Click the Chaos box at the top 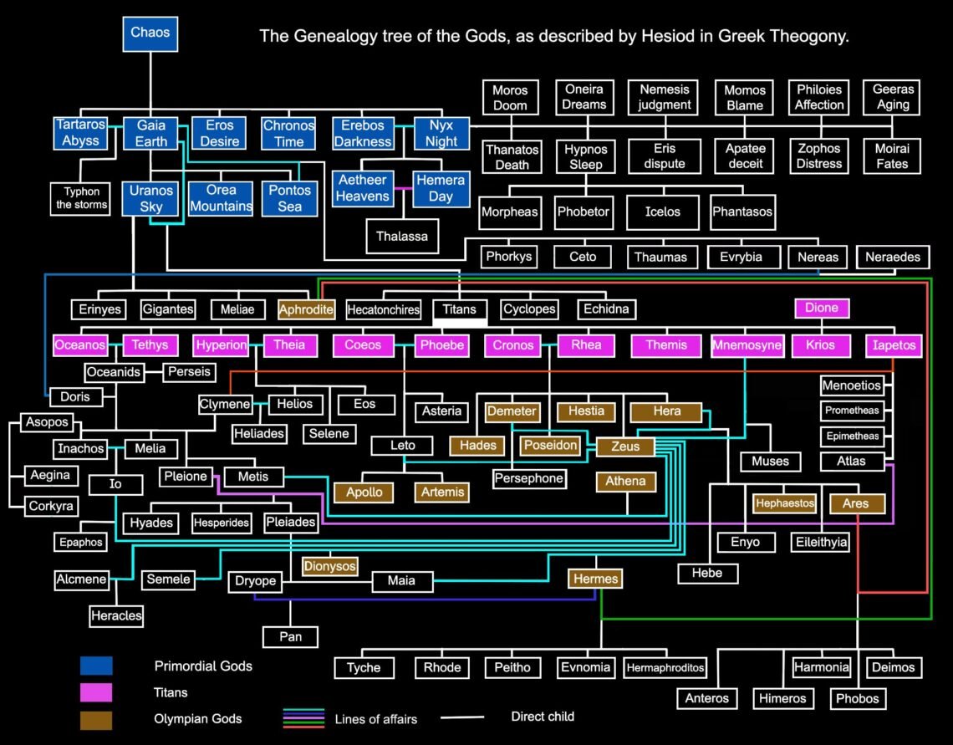point(150,33)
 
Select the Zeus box point(625,446)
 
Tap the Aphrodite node point(307,309)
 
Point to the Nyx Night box point(441,133)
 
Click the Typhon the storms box point(82,198)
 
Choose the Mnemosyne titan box point(747,344)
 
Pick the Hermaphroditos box point(665,667)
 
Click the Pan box point(290,637)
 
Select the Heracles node point(116,616)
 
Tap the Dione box point(822,308)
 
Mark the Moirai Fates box point(892,156)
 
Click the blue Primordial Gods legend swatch point(96,666)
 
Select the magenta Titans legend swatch point(96,692)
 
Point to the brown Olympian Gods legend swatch point(96,719)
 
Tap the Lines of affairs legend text point(375,718)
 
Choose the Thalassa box point(401,236)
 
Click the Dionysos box point(329,566)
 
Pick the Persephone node point(528,479)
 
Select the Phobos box point(856,698)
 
